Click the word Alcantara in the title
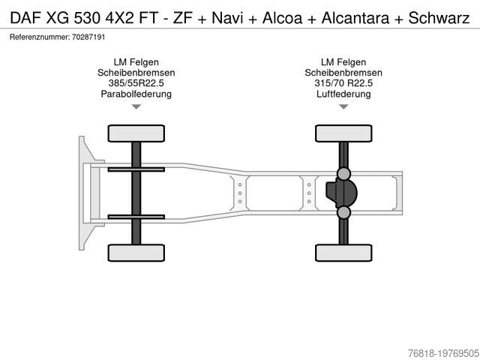(355, 18)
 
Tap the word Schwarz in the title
(439, 18)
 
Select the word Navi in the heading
(227, 18)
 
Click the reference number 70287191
(88, 37)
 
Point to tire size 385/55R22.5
(136, 83)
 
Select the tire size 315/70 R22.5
(343, 83)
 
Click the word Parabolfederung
(136, 94)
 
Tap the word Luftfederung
(343, 94)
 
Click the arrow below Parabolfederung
(136, 106)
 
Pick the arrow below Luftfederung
(343, 106)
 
